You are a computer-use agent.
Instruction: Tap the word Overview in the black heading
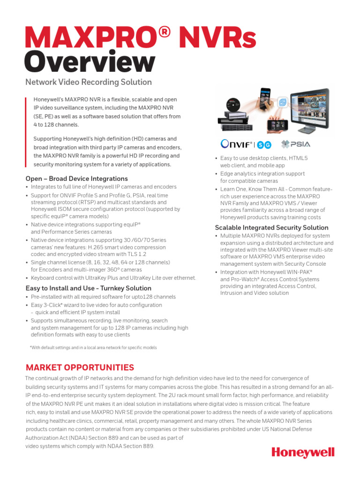pos(90,62)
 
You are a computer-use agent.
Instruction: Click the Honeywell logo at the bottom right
pos(303,452)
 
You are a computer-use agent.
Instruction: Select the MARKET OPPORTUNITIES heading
pos(80,367)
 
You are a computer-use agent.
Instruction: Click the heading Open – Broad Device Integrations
pos(76,179)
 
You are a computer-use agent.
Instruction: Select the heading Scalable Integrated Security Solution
pos(271,227)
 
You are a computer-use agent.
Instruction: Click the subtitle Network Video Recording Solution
pos(88,82)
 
